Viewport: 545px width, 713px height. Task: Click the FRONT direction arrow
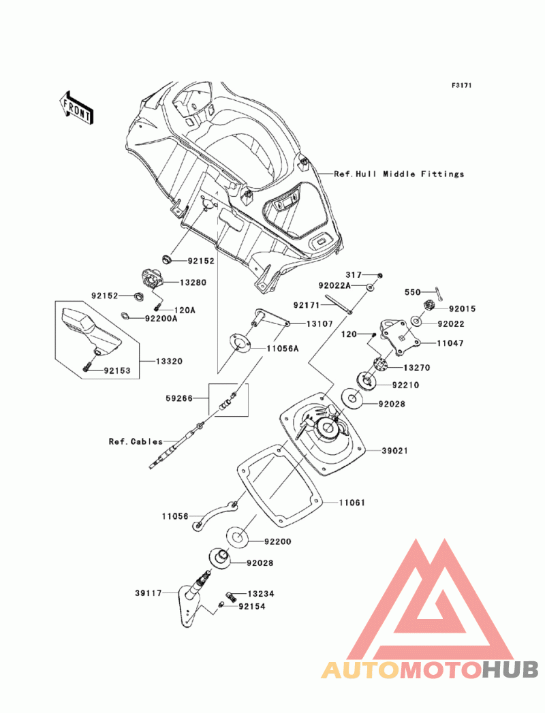point(76,107)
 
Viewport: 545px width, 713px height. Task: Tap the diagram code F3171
point(461,86)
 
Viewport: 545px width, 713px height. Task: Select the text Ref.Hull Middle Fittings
point(399,174)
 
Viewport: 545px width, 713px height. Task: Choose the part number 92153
point(117,371)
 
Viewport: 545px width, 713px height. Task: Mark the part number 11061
point(353,503)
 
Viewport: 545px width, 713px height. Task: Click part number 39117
point(148,593)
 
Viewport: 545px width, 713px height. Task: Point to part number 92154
point(251,605)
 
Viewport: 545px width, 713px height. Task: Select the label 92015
point(462,308)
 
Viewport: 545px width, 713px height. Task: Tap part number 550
point(413,292)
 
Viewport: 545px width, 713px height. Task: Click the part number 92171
point(307,306)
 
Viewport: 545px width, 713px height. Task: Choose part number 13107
point(319,324)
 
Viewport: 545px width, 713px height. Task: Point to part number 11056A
point(282,347)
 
